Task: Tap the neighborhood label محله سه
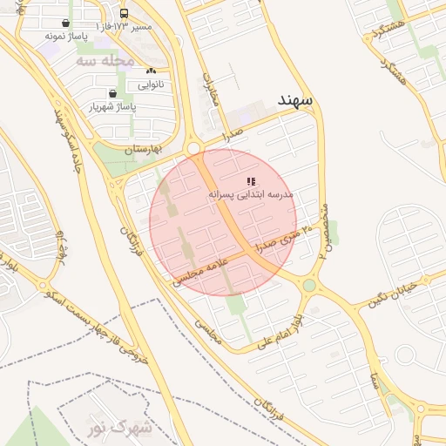pos(105,62)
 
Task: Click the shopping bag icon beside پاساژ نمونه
pos(66,24)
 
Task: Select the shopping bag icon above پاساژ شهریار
pos(112,93)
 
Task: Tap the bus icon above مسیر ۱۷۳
pos(124,14)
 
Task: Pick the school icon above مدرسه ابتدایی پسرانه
pos(251,181)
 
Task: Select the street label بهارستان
pos(144,150)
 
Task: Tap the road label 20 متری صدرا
pos(280,240)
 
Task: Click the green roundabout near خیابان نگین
pos(309,285)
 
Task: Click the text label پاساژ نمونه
pos(67,37)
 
